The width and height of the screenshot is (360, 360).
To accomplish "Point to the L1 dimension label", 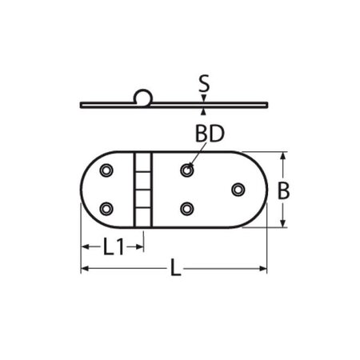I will (x=113, y=248).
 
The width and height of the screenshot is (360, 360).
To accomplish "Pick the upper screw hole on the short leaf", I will (x=106, y=170).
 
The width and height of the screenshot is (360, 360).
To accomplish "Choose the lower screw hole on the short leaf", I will (x=106, y=209).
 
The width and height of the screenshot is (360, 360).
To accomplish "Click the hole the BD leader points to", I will (x=187, y=170).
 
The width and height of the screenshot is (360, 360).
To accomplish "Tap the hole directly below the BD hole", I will (x=187, y=209).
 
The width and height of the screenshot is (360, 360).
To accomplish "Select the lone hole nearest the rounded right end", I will (x=238, y=190).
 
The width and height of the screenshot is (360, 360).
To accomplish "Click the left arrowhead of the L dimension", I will (x=84, y=270).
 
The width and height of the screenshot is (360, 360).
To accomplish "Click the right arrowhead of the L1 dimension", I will (x=141, y=247).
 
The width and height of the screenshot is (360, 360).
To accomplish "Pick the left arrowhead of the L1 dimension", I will (x=84, y=247).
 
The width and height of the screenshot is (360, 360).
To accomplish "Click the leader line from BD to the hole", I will (x=194, y=158).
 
